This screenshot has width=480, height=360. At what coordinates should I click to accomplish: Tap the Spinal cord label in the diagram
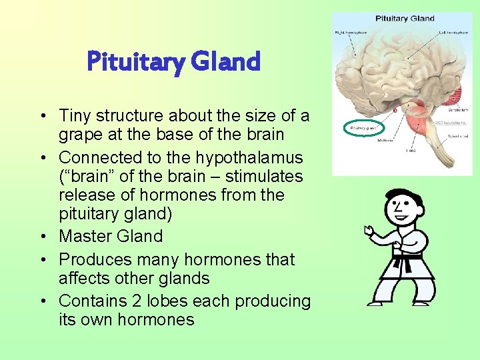457,136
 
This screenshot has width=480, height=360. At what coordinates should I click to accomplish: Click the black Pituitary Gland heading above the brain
405,19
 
